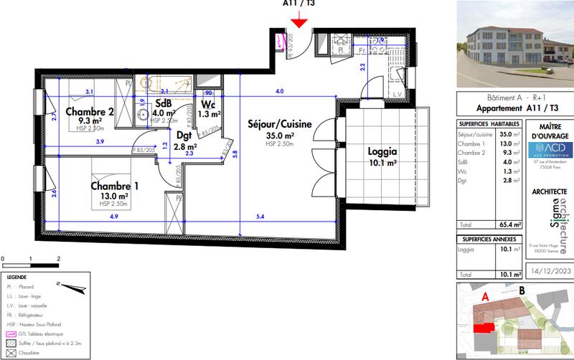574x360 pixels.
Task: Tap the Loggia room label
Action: [x=382, y=152]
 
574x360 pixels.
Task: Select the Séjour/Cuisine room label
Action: [x=279, y=123]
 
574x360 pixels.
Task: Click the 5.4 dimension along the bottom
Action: [x=260, y=217]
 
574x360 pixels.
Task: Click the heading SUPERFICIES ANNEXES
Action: [x=487, y=238]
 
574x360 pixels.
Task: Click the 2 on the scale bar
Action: [x=57, y=257]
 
